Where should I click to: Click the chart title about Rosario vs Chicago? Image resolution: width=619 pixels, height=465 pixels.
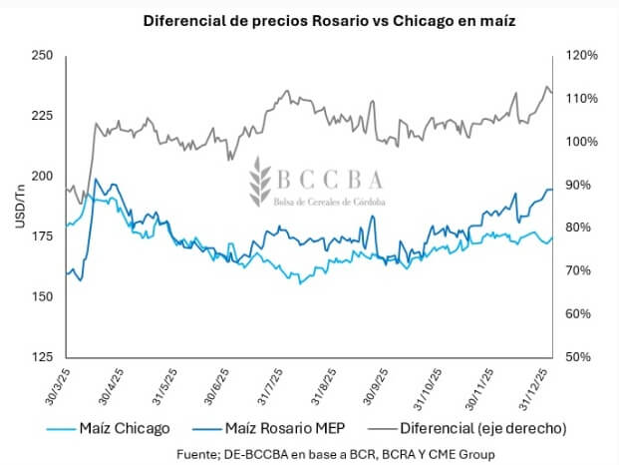pos(309,21)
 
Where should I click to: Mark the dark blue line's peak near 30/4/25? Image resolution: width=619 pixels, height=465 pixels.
pos(96,181)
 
